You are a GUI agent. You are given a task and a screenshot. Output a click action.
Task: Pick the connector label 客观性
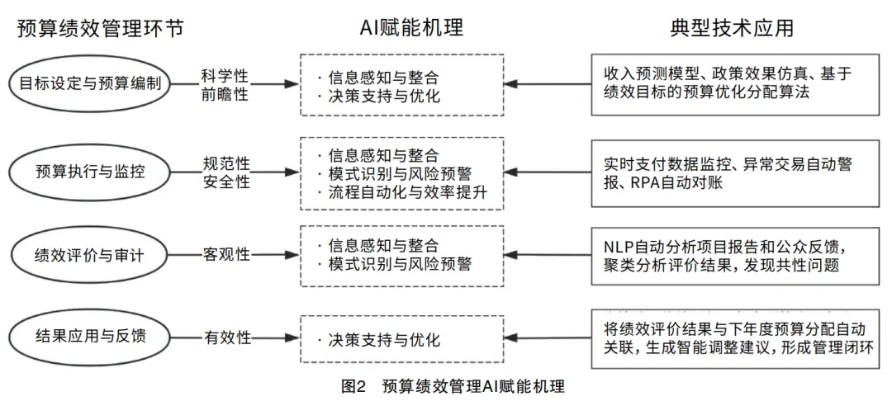pyautogui.click(x=225, y=255)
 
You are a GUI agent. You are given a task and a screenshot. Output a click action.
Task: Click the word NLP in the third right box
pyautogui.click(x=617, y=248)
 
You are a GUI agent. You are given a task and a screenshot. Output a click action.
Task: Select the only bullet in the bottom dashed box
pyautogui.click(x=384, y=341)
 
